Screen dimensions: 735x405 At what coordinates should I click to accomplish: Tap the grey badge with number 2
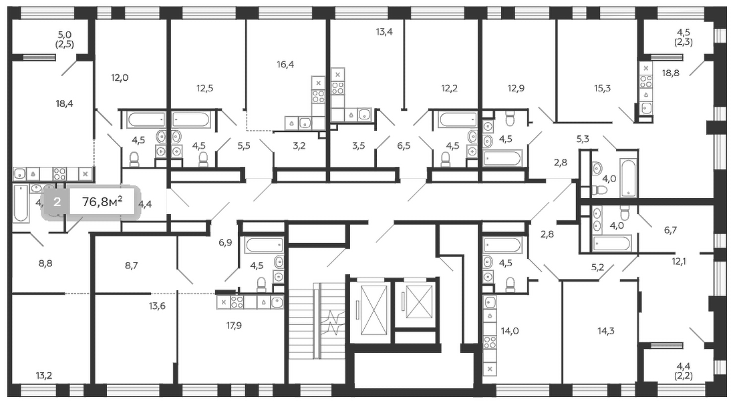[57, 203]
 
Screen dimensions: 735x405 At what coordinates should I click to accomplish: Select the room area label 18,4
[64, 103]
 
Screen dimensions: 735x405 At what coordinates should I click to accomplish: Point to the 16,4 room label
[285, 65]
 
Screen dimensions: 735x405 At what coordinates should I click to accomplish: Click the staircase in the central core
[317, 324]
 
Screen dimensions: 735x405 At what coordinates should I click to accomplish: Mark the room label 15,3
[603, 87]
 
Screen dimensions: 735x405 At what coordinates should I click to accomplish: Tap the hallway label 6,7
[671, 230]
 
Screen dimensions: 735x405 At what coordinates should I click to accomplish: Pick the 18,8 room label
[670, 73]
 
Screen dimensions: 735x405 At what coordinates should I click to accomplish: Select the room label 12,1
[680, 263]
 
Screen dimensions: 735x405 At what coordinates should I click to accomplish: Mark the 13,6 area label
[158, 306]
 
